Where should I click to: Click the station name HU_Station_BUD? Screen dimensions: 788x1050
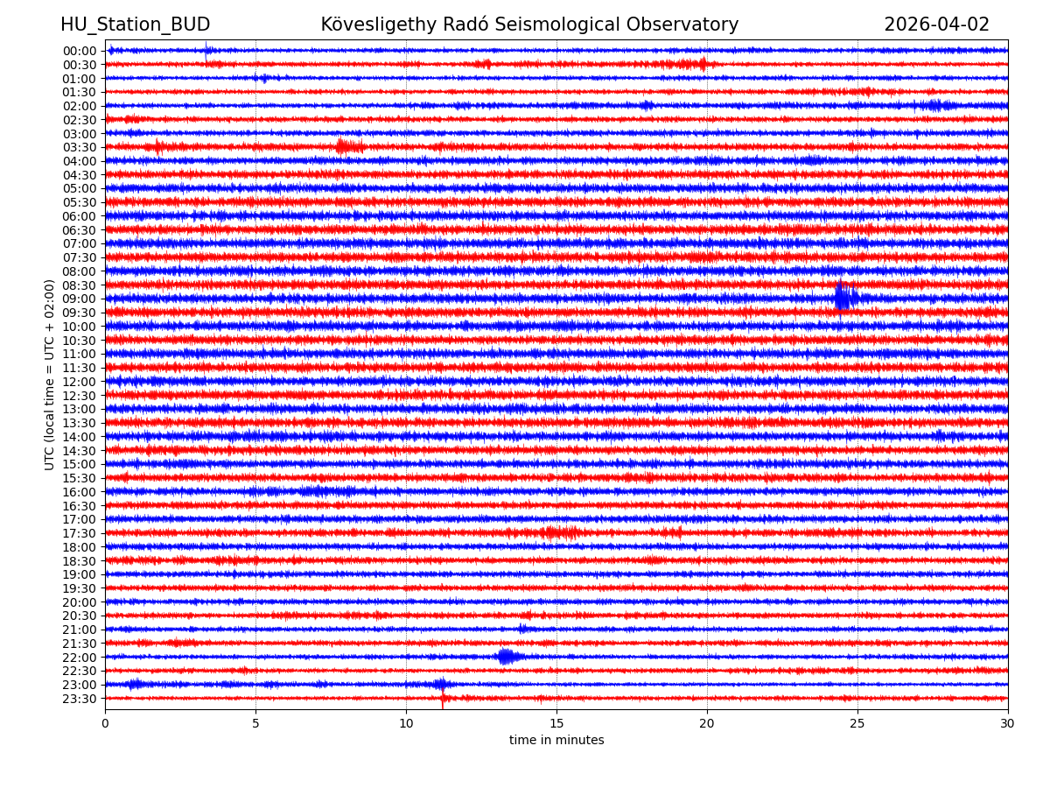135,25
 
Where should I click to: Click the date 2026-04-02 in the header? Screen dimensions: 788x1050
936,25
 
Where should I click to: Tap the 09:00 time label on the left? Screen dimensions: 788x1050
80,299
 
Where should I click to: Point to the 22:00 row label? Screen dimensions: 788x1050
80,658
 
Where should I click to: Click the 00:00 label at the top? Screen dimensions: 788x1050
80,51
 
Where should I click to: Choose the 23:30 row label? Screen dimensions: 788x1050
80,699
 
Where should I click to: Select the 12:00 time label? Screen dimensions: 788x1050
80,382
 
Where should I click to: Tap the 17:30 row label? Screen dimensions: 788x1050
80,533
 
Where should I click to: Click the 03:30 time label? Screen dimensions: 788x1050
80,147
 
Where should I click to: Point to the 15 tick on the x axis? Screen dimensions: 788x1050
556,724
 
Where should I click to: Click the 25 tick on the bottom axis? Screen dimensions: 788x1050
857,724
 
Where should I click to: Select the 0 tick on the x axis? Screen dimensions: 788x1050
105,724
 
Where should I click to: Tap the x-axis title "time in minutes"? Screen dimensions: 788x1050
556,741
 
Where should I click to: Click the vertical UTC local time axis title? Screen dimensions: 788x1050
50,375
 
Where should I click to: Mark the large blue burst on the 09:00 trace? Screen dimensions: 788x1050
843,297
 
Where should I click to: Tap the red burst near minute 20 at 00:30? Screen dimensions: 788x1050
701,63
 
